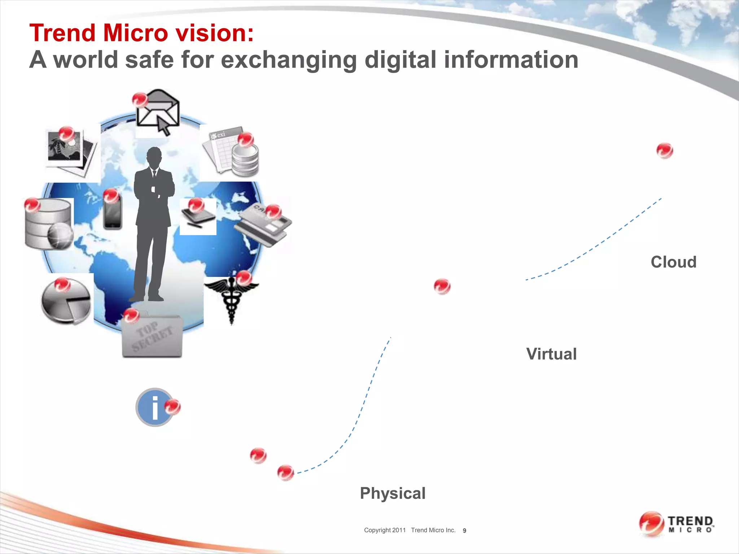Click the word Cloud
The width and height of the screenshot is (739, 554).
coord(673,262)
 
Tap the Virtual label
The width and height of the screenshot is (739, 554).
coord(551,354)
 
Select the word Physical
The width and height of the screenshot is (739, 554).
coord(393,493)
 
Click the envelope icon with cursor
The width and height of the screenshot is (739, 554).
coord(158,112)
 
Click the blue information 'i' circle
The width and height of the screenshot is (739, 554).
coord(155,408)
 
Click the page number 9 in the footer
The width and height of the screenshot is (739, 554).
coord(464,531)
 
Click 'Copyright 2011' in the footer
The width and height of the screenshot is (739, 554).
coord(385,530)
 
